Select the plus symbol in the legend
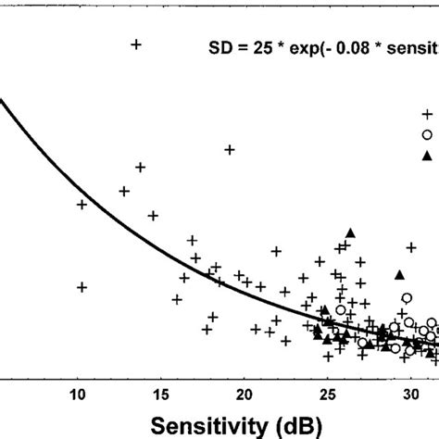(x=427, y=114)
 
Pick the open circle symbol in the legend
(x=427, y=134)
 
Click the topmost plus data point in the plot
(x=136, y=44)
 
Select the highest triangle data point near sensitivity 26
(x=350, y=232)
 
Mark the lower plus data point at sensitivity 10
(x=82, y=287)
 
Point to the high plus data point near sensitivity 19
(x=230, y=149)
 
